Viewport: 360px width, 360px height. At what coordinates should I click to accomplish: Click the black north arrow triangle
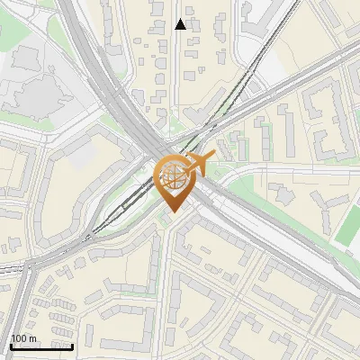click(180, 24)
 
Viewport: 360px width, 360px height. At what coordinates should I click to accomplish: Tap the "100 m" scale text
click(23, 338)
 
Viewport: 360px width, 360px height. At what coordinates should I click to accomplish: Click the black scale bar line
click(41, 346)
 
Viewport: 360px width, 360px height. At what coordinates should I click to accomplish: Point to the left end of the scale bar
click(11, 346)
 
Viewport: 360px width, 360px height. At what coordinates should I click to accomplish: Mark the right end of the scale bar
click(72, 346)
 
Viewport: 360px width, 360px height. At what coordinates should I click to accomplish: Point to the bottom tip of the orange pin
click(171, 212)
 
